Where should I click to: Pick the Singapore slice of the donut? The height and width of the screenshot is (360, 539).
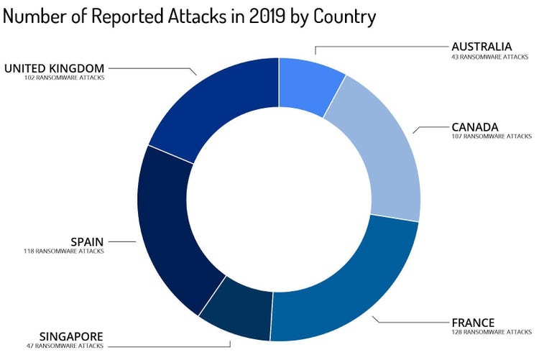tap(236, 310)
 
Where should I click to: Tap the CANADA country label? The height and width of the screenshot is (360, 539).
tap(475, 126)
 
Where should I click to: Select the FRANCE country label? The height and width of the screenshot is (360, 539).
tap(473, 322)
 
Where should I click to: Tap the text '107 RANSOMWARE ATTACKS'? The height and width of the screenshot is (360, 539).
tap(491, 136)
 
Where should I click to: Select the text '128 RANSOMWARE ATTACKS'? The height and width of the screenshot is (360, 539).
tap(491, 332)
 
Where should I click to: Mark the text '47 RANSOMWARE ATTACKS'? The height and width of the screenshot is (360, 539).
tap(65, 346)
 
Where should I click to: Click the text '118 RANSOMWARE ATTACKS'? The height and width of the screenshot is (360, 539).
tap(64, 251)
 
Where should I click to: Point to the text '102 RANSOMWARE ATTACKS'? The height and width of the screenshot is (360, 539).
tap(64, 78)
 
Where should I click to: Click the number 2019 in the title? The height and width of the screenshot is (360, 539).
tap(262, 16)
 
